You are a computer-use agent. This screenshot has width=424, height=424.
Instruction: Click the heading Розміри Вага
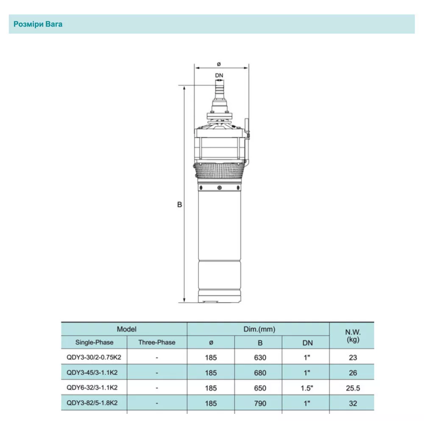tap(38, 24)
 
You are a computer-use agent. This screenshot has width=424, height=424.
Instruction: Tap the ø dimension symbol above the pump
tap(219, 64)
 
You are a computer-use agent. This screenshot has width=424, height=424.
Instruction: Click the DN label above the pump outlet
tap(219, 75)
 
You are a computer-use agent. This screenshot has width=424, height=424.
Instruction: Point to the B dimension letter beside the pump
tap(180, 204)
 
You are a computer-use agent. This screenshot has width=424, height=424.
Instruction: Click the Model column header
tap(126, 329)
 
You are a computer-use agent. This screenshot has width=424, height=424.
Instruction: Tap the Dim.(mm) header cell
tap(258, 329)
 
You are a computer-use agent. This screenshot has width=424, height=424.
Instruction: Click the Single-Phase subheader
tap(94, 342)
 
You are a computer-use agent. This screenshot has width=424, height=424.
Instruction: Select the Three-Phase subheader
tap(156, 342)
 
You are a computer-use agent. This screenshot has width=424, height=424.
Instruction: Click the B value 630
tap(260, 357)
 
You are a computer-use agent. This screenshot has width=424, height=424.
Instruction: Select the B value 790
tap(260, 404)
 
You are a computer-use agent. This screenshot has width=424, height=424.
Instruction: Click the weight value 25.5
tap(353, 388)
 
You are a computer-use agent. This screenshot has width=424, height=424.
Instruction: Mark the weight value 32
tap(353, 404)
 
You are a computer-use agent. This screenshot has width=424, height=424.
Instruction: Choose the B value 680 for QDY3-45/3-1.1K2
tap(260, 373)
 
